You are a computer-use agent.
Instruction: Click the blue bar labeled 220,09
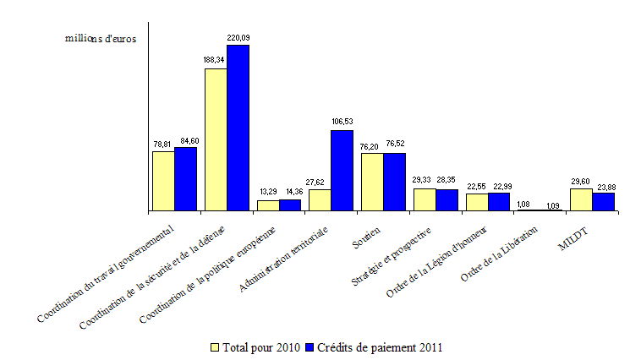(238, 128)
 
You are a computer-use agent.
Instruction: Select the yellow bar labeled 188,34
(216, 139)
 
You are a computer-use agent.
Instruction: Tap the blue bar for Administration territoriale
(342, 170)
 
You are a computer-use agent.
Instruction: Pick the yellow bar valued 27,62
(320, 199)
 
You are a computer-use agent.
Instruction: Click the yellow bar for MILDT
(581, 199)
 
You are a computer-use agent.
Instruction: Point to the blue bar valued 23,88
(603, 201)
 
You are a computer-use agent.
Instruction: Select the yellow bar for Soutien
(372, 182)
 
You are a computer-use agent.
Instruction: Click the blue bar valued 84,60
(185, 178)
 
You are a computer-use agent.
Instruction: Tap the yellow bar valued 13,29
(268, 205)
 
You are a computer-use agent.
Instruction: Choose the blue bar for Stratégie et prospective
(446, 199)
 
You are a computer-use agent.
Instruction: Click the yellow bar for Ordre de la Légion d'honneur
(477, 201)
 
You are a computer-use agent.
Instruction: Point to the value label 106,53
(342, 122)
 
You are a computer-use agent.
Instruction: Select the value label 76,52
(395, 145)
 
